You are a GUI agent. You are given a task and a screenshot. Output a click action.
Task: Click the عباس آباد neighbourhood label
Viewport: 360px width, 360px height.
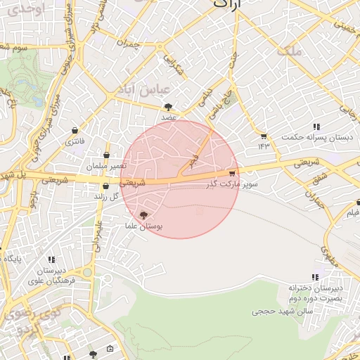click(x=146, y=92)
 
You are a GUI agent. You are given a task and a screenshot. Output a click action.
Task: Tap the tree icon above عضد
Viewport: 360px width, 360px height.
click(x=168, y=107)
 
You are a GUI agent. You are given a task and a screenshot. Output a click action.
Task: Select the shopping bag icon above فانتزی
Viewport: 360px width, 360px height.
click(x=75, y=131)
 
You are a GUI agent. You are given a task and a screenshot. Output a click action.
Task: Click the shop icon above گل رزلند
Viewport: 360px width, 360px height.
click(x=105, y=186)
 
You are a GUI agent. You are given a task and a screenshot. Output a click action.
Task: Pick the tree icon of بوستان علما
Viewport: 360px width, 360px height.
click(x=144, y=215)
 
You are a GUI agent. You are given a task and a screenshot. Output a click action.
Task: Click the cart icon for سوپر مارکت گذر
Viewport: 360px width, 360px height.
click(x=232, y=173)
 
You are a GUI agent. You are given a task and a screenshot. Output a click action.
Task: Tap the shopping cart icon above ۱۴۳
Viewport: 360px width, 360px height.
click(x=264, y=136)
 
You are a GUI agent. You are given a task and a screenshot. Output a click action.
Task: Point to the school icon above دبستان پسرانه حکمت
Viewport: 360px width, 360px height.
click(x=317, y=127)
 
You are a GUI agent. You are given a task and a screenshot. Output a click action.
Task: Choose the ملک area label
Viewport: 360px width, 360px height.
click(x=289, y=51)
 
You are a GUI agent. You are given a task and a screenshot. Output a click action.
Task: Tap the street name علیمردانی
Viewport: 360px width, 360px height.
click(x=99, y=231)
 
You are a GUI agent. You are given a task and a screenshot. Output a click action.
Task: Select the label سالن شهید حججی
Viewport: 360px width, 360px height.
click(x=276, y=310)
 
